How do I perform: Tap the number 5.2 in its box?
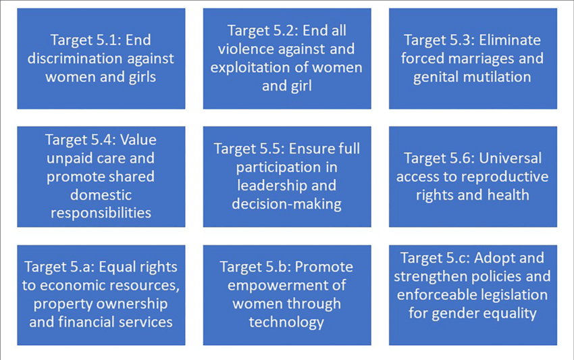pos(280,30)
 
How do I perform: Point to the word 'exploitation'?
pos(251,68)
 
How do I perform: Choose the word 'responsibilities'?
pos(101,213)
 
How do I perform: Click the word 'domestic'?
pos(101,195)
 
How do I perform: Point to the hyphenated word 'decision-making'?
pos(286,204)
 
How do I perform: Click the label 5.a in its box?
pos(83,267)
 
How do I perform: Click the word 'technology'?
pos(286,323)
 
